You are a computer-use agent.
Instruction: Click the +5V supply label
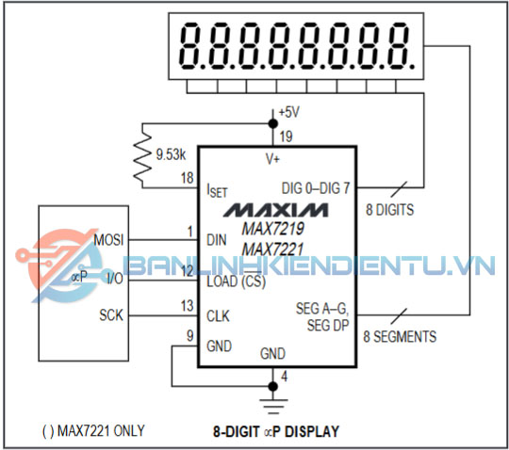click(x=289, y=113)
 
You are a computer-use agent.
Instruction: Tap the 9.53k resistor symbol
click(x=143, y=155)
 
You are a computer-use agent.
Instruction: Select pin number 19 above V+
click(x=286, y=137)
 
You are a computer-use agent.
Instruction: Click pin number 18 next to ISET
click(x=188, y=178)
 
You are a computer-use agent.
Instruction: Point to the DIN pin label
click(x=217, y=240)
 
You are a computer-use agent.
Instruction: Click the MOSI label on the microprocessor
click(x=108, y=240)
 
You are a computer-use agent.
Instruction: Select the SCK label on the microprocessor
click(x=111, y=315)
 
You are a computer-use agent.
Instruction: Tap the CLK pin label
click(x=218, y=316)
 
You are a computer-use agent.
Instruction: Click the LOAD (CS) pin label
click(x=237, y=281)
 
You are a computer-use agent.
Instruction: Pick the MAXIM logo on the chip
click(x=275, y=210)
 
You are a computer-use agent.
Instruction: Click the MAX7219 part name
click(x=273, y=229)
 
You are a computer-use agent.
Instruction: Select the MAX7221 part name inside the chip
click(x=272, y=249)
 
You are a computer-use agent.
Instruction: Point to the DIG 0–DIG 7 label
click(x=316, y=188)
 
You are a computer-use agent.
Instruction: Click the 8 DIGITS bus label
click(x=390, y=210)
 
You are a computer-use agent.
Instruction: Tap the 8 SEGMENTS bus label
click(x=400, y=336)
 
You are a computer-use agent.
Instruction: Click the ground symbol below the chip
click(x=273, y=407)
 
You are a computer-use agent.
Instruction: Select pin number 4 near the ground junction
click(x=285, y=377)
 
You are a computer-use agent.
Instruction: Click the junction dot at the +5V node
click(x=273, y=124)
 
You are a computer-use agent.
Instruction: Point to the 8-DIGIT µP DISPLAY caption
click(x=276, y=431)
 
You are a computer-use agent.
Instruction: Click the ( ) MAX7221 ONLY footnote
click(x=93, y=431)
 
